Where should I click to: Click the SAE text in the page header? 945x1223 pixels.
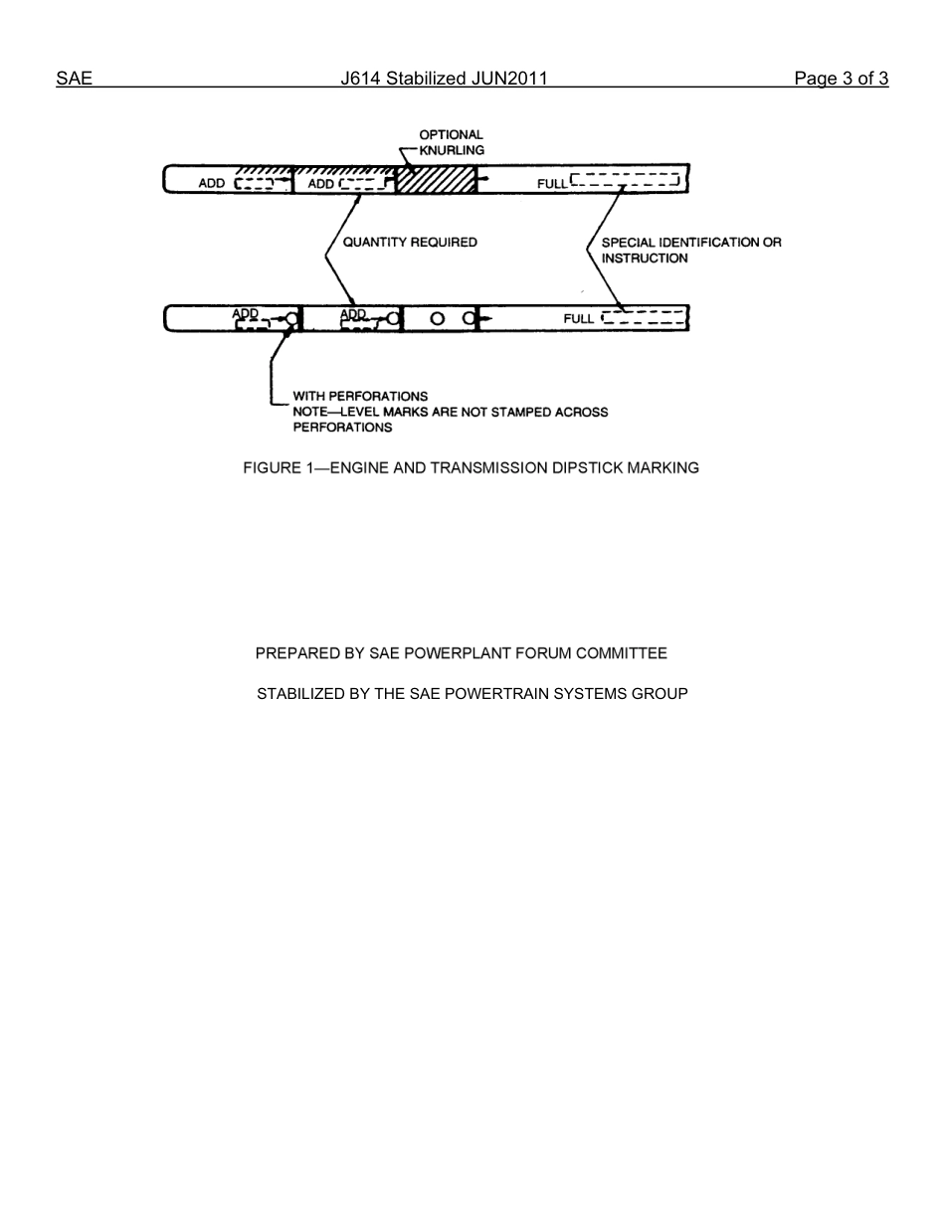(x=74, y=80)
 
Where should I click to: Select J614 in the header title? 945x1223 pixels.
(x=361, y=80)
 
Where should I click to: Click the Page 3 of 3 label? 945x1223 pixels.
(x=841, y=80)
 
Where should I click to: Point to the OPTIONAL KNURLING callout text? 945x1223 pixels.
(x=451, y=142)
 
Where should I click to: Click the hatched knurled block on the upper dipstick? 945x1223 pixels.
(x=435, y=181)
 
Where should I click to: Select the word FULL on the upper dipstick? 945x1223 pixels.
(x=552, y=184)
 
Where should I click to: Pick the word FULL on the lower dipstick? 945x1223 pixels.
(x=578, y=319)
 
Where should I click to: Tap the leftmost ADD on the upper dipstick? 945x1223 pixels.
(x=212, y=184)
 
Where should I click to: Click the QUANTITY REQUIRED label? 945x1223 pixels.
(x=410, y=242)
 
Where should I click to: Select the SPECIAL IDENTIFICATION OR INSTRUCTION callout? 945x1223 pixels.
(x=690, y=250)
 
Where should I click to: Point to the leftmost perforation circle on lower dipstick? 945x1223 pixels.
(x=291, y=319)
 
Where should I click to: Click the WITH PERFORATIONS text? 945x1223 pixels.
(x=360, y=396)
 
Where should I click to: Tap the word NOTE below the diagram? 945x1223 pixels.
(x=311, y=412)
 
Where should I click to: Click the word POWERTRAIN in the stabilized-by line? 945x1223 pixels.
(x=465, y=693)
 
